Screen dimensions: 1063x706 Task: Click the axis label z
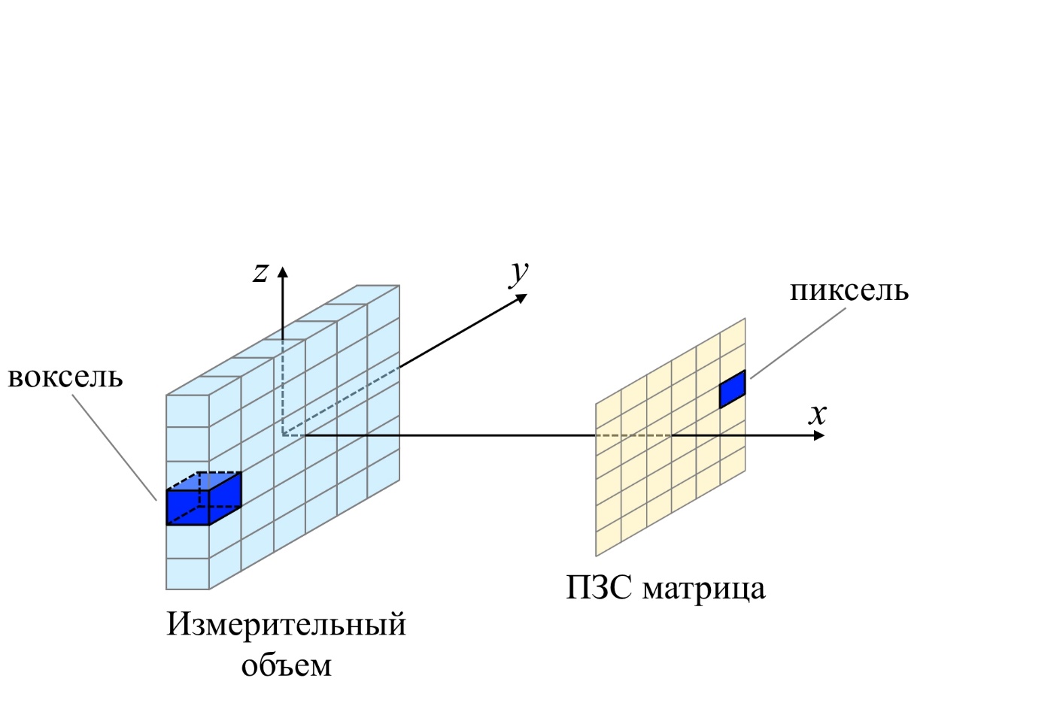[260, 273]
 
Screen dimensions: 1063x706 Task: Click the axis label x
[818, 414]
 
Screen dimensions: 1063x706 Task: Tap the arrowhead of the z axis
[283, 271]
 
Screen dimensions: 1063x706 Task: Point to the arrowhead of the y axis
[521, 298]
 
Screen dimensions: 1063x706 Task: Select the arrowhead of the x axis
[819, 435]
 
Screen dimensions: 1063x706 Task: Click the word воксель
[65, 378]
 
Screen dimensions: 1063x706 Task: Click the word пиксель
[849, 291]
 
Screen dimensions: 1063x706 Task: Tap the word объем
[286, 665]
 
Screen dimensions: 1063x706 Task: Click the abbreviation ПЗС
[598, 589]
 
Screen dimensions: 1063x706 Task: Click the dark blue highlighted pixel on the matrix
[732, 389]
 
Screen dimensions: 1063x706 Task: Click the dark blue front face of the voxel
[188, 508]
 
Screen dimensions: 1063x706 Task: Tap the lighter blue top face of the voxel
[204, 481]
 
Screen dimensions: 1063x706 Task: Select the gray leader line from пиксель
[797, 344]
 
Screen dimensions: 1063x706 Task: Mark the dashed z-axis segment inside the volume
[283, 387]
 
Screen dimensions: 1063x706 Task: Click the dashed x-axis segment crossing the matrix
[633, 435]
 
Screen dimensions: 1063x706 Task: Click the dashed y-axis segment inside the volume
[341, 401]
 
